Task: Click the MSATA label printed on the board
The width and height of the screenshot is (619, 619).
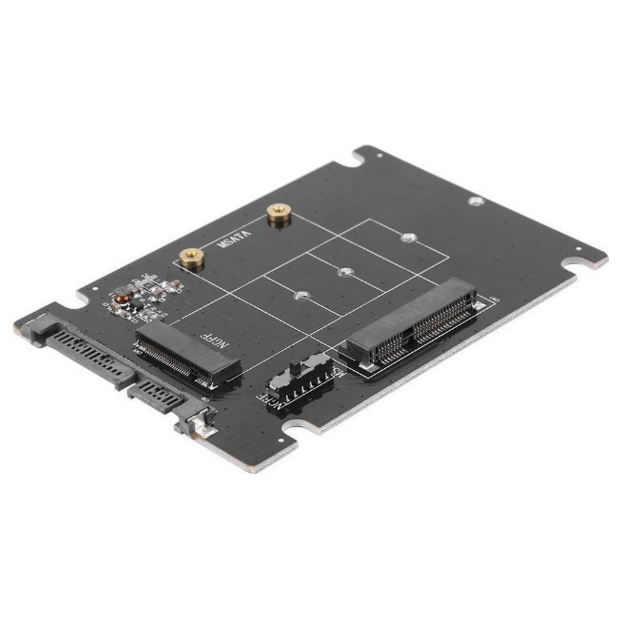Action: click(234, 236)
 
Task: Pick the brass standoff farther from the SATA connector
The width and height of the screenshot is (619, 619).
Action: click(275, 214)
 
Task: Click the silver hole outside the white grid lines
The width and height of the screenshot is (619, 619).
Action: click(474, 201)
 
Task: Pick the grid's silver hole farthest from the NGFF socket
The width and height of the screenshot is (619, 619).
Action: click(408, 237)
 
